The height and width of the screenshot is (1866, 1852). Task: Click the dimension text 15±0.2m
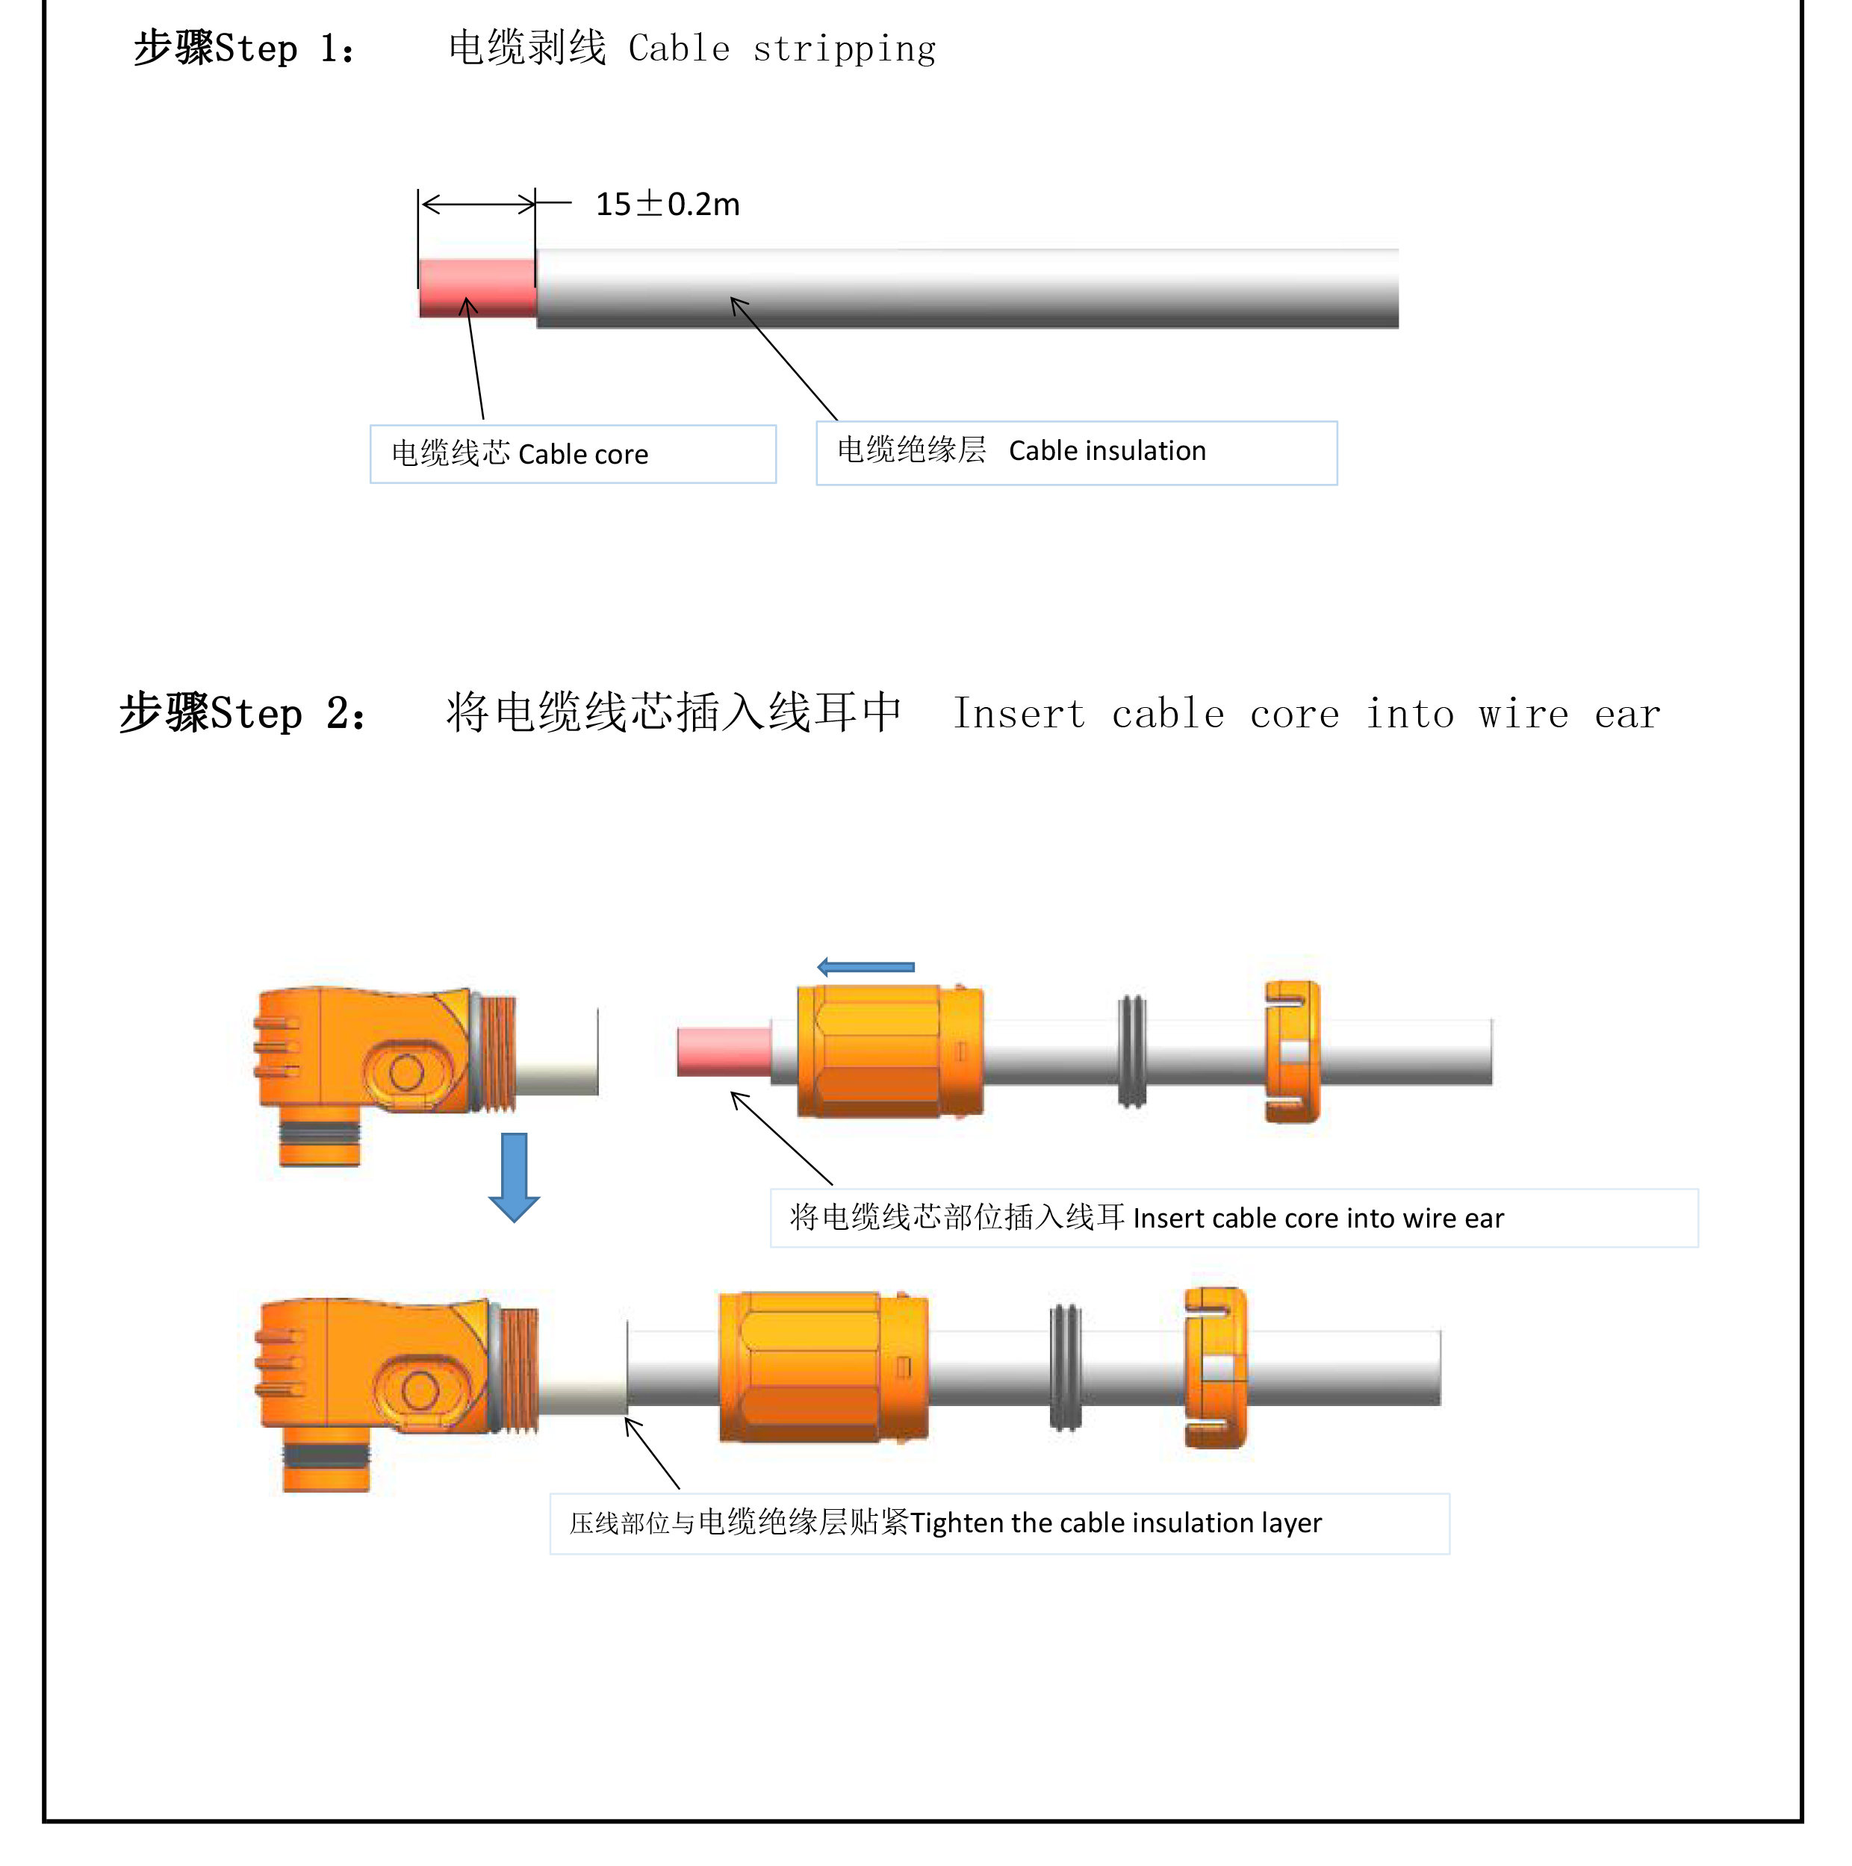click(667, 204)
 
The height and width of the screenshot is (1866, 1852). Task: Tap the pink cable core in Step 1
click(477, 287)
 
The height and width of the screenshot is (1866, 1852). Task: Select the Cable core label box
click(573, 454)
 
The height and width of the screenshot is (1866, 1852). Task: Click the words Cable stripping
click(782, 49)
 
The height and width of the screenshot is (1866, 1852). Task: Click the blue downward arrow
click(514, 1176)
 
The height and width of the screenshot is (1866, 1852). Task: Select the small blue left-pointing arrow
click(866, 967)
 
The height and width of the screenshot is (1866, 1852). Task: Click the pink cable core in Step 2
click(724, 1052)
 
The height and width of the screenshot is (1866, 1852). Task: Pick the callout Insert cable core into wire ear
click(1234, 1218)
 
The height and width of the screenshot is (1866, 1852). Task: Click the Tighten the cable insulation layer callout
click(999, 1523)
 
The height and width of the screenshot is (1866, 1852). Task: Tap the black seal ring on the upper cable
click(1132, 1052)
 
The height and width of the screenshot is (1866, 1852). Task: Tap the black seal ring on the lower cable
click(1066, 1366)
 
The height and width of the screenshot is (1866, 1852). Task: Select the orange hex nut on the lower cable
click(823, 1366)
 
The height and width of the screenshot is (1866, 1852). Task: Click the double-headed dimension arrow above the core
click(478, 204)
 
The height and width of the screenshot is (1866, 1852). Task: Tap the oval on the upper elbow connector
click(407, 1072)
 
